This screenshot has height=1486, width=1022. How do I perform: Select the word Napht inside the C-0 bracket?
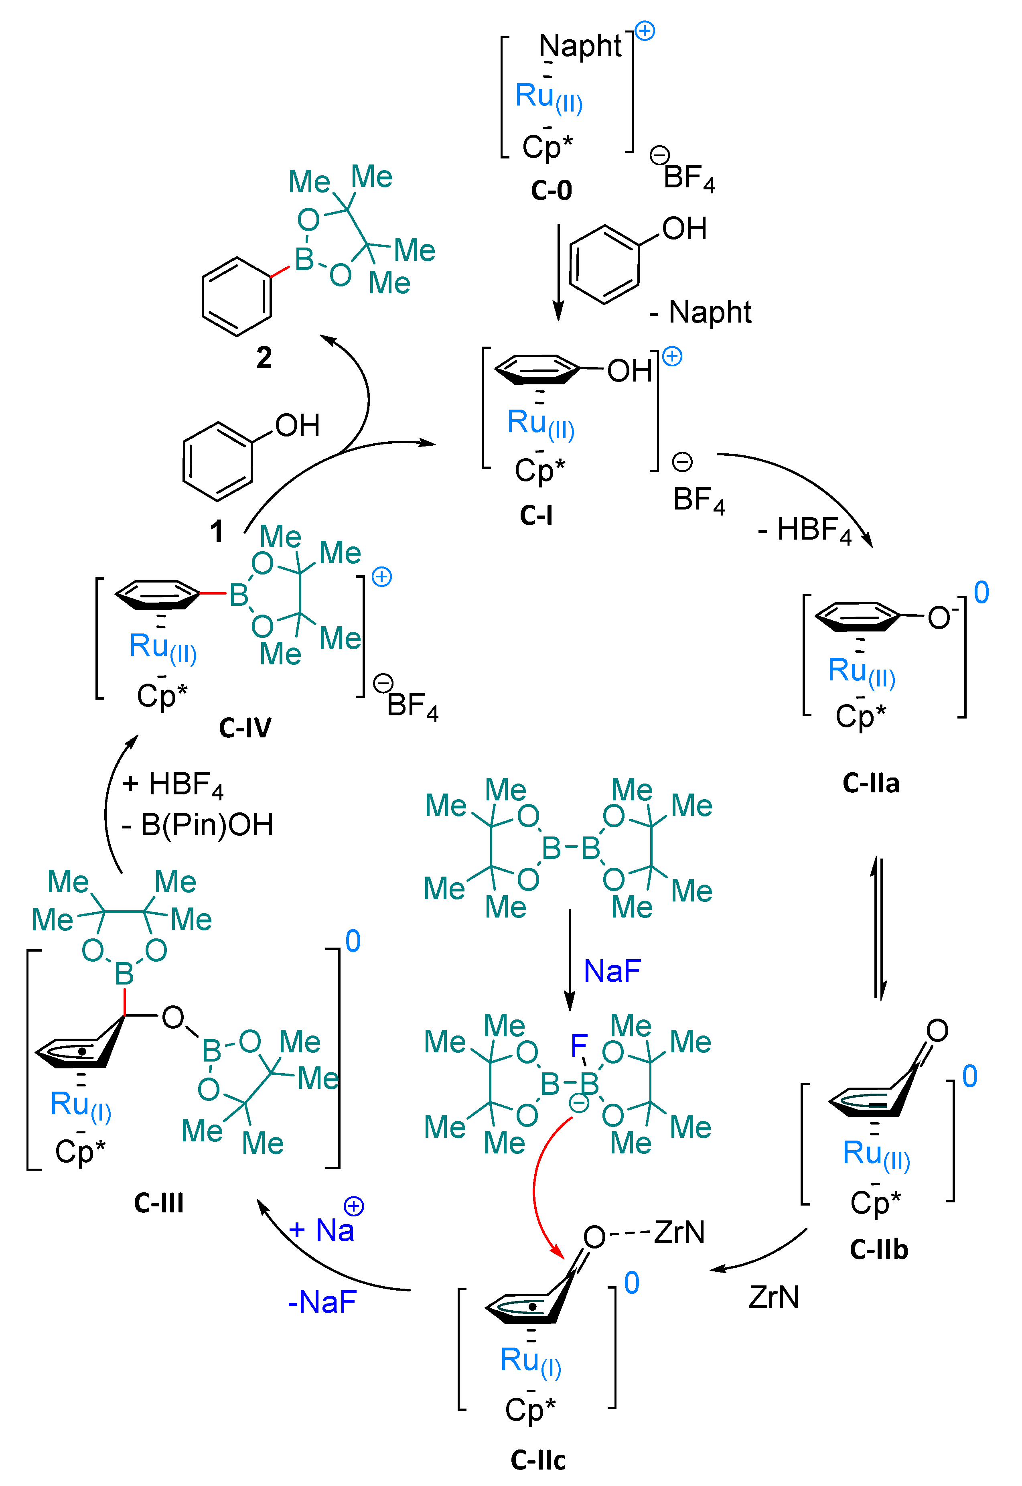click(x=580, y=46)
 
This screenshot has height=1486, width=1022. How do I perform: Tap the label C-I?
click(x=536, y=515)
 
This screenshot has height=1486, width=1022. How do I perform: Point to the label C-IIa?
click(x=871, y=783)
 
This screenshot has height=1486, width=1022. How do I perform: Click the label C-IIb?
click(x=878, y=1249)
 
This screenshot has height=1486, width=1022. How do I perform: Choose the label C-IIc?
click(x=538, y=1460)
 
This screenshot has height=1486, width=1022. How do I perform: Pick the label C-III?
click(x=159, y=1202)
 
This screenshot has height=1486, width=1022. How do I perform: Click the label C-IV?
click(x=245, y=728)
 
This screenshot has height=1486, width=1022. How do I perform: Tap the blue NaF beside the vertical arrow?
click(x=612, y=971)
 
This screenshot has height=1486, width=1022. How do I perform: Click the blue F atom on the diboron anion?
click(x=578, y=1046)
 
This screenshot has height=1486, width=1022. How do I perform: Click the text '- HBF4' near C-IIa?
click(x=804, y=530)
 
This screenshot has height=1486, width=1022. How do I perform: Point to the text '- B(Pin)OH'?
click(x=198, y=825)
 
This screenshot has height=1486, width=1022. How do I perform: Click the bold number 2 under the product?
click(x=264, y=357)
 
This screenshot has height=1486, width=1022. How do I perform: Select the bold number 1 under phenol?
click(x=217, y=531)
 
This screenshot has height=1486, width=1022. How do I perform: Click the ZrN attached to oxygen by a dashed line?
click(x=679, y=1232)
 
